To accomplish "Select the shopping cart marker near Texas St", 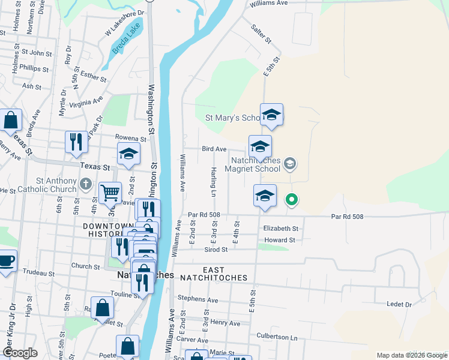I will click(x=110, y=193).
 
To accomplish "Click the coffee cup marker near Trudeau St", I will click(x=7, y=261).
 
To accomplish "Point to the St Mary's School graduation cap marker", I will click(x=272, y=114).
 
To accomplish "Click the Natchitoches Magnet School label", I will click(x=258, y=165).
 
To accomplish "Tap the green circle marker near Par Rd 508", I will click(x=292, y=199).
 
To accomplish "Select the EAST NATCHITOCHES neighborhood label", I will click(x=224, y=274).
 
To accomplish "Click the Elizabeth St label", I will click(x=280, y=229).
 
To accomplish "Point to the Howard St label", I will click(x=279, y=240).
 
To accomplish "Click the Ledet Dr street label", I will click(x=399, y=305).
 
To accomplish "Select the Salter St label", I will click(x=262, y=32).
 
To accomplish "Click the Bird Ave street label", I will click(x=214, y=149).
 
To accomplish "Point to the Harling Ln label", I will click(x=213, y=182).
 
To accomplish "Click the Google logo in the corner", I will click(x=19, y=353).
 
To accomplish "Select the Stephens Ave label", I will click(x=197, y=299).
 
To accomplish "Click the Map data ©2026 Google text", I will click(x=412, y=355).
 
